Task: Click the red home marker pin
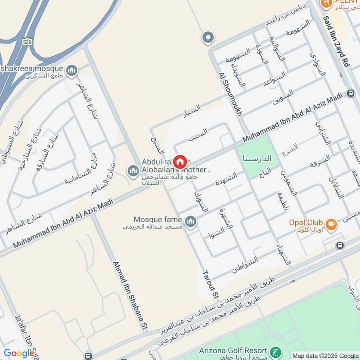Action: click(180, 162)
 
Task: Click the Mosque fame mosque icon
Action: click(191, 221)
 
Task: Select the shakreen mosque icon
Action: click(71, 71)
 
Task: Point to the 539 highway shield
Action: click(28, 41)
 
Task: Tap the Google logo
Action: click(18, 353)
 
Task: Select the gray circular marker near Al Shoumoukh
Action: click(208, 38)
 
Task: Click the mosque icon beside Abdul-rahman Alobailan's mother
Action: click(133, 171)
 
